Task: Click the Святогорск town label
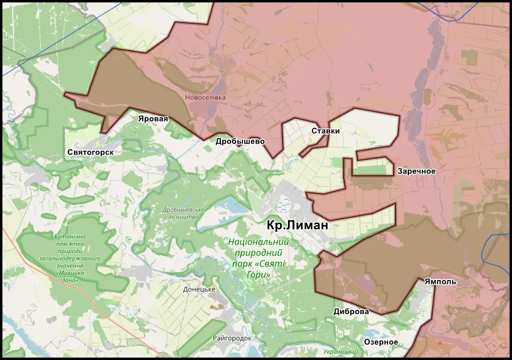click(x=90, y=151)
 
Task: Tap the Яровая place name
click(x=153, y=118)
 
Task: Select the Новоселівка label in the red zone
click(x=205, y=98)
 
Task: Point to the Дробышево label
click(x=240, y=141)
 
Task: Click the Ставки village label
click(x=325, y=131)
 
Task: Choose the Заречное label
click(x=416, y=171)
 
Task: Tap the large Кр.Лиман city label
click(x=297, y=225)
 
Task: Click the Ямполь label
click(x=440, y=282)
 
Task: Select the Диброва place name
click(x=351, y=311)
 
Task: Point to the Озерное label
click(x=381, y=342)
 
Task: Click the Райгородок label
click(x=233, y=338)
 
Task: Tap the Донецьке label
click(x=200, y=289)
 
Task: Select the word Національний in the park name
click(x=258, y=241)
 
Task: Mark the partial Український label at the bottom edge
click(x=341, y=352)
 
